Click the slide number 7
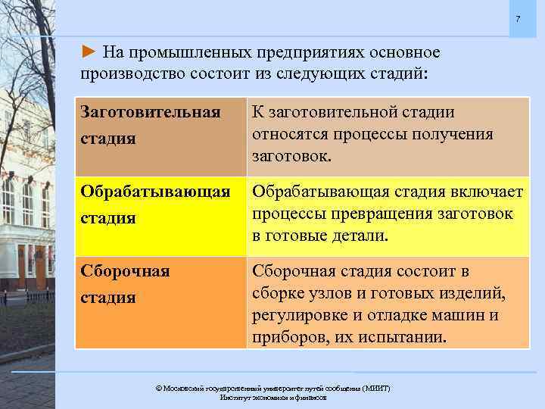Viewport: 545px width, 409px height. [518, 18]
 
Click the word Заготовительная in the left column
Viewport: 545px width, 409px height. [151, 112]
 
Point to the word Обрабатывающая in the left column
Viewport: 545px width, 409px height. [155, 192]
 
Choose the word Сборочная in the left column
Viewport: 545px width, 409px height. [125, 271]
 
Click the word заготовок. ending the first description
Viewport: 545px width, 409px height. [291, 157]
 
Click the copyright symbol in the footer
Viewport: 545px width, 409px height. [158, 388]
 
